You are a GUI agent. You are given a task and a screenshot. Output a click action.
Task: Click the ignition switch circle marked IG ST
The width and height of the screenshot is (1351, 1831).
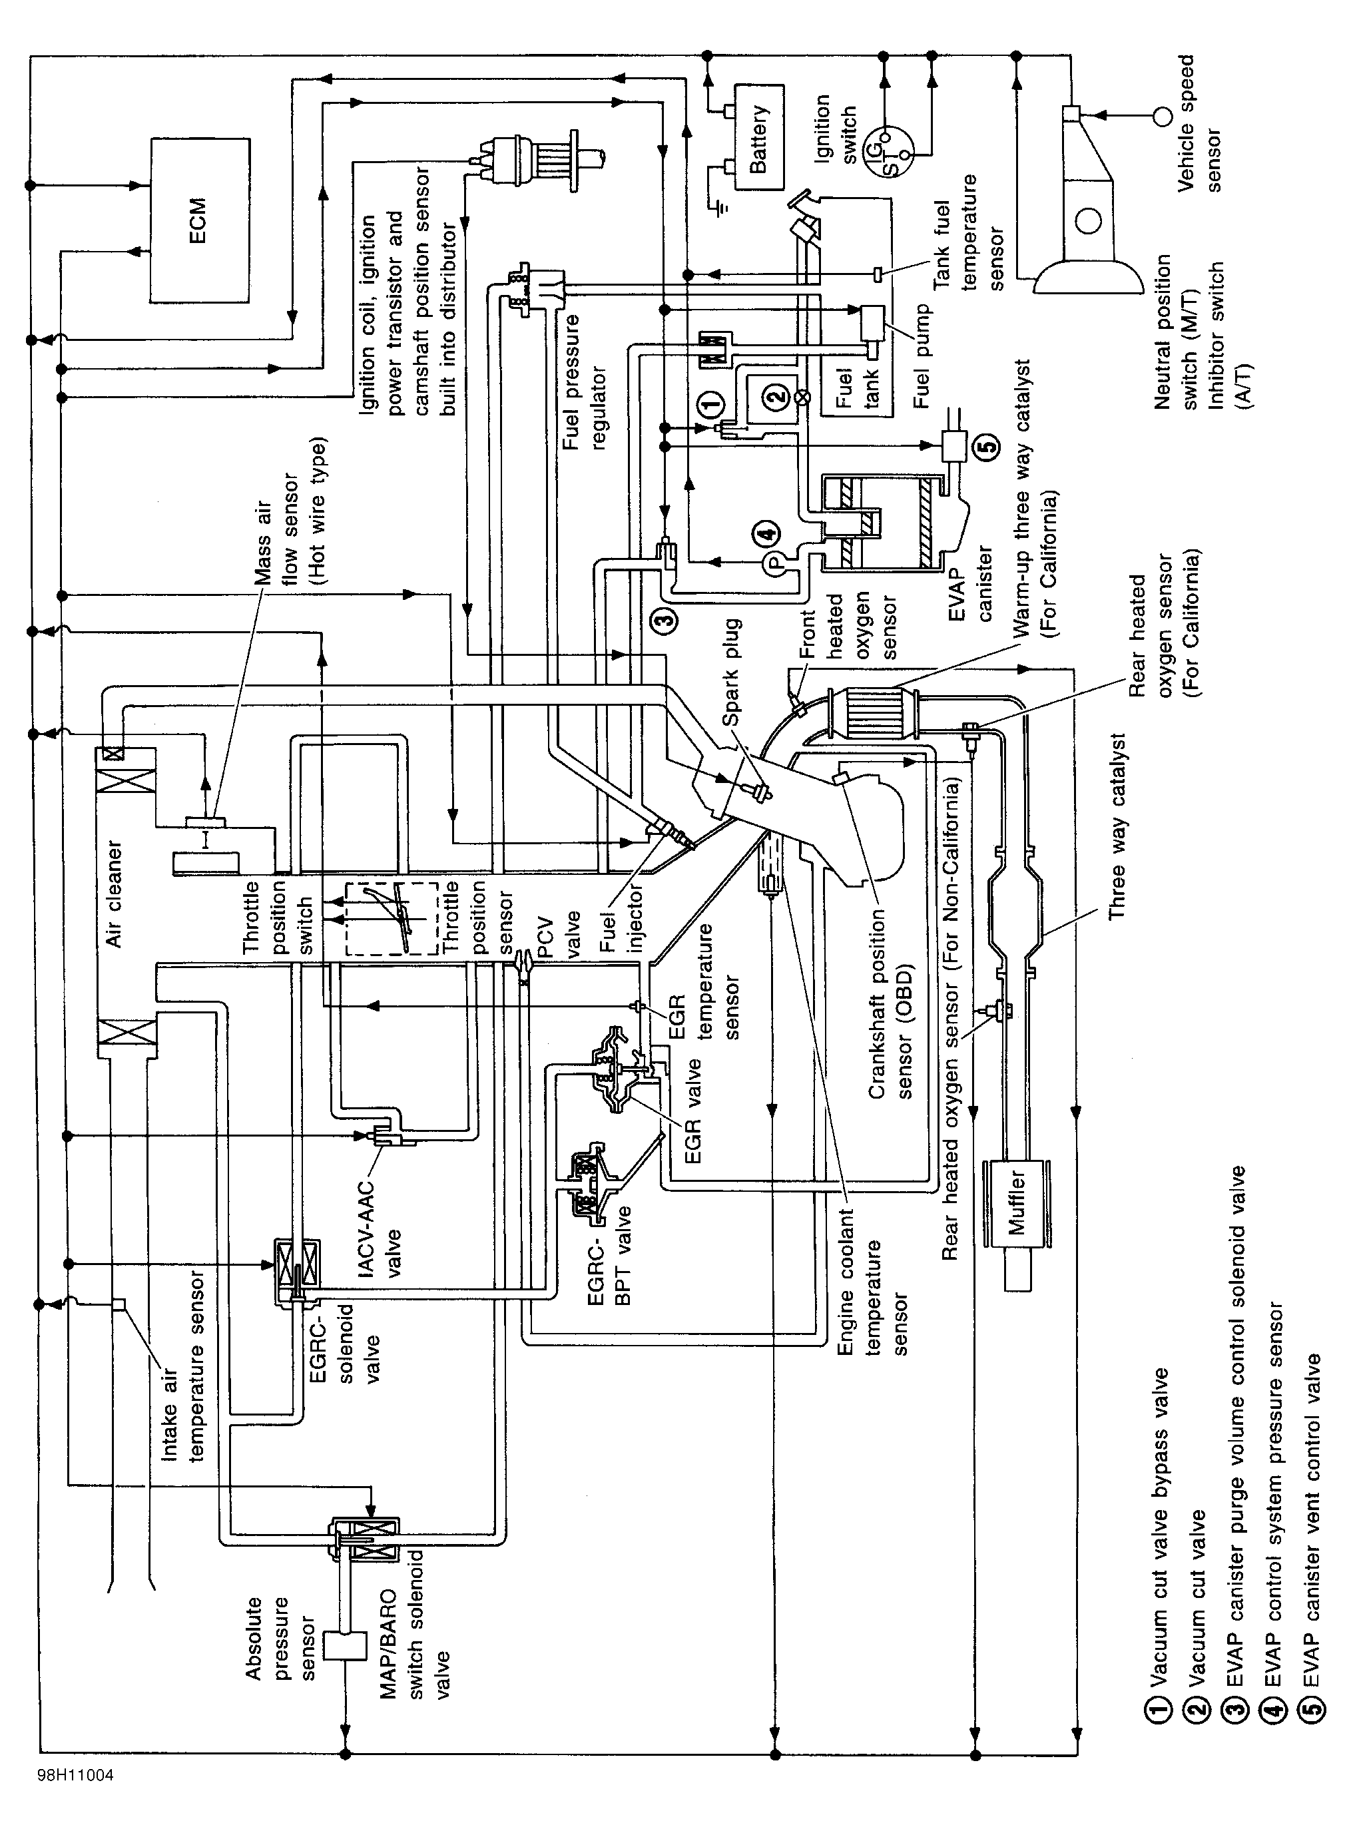(894, 142)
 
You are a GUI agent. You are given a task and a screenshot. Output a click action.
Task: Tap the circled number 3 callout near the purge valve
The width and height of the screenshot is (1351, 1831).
(666, 620)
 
